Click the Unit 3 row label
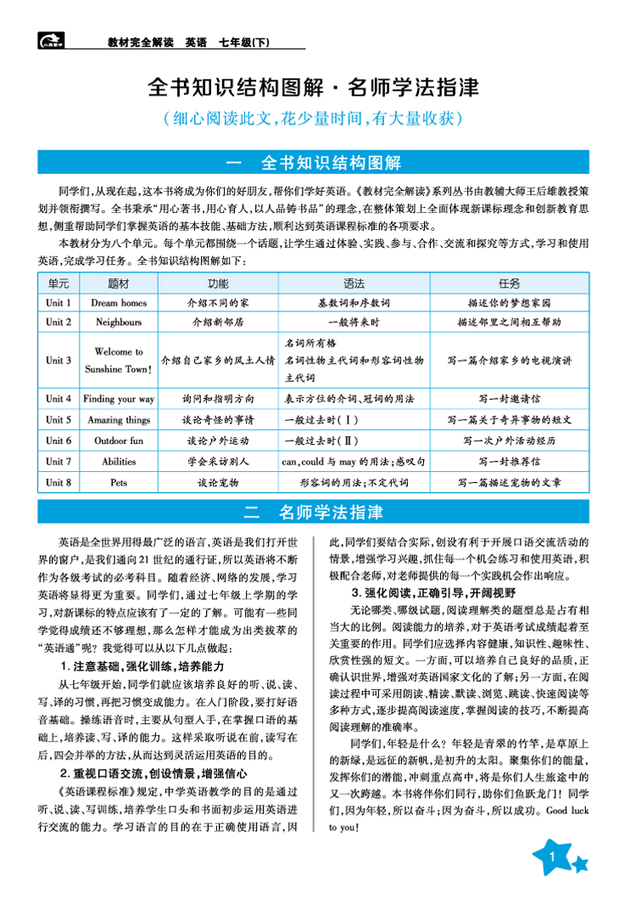[x=59, y=360]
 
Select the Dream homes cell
[x=120, y=303]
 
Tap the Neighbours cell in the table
[x=120, y=323]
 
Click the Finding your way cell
[x=120, y=399]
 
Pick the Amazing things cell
[x=120, y=420]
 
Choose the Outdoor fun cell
[x=120, y=441]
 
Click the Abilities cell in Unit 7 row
[x=120, y=462]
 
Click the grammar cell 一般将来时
[x=354, y=323]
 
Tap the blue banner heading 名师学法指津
[x=331, y=513]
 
